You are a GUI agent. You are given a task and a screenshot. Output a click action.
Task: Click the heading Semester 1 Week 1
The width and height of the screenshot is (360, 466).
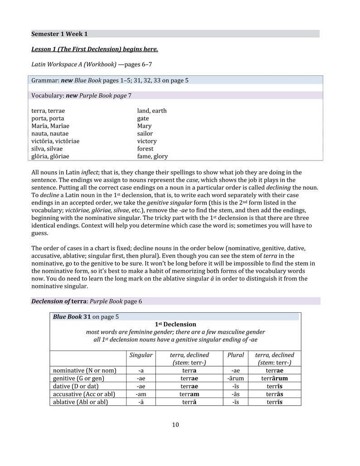click(x=59, y=34)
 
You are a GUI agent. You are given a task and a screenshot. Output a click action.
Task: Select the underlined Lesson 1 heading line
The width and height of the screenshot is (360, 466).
click(x=94, y=49)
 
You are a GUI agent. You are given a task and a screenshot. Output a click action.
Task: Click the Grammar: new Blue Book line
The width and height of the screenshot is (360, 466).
click(x=110, y=80)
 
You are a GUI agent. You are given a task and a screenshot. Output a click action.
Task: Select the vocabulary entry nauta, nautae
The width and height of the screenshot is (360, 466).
click(x=50, y=134)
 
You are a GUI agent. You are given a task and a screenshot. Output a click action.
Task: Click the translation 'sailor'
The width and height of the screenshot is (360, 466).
click(x=145, y=134)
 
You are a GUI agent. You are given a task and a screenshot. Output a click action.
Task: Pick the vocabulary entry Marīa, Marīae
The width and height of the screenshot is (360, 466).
click(x=50, y=126)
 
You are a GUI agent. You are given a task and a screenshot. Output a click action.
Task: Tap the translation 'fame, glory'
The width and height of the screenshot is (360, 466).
click(x=152, y=156)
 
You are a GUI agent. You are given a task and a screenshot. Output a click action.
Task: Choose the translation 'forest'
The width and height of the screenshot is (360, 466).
click(x=146, y=149)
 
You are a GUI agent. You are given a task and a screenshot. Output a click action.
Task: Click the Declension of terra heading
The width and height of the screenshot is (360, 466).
click(x=87, y=301)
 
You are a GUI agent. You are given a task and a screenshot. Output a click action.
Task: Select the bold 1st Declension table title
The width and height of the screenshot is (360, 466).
click(x=175, y=325)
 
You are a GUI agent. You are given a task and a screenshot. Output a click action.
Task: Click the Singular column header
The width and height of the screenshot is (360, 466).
click(x=141, y=355)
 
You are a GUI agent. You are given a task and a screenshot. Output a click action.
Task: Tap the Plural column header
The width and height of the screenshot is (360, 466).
click(x=236, y=355)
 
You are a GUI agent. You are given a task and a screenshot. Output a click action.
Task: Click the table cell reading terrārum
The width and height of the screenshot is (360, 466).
click(x=274, y=379)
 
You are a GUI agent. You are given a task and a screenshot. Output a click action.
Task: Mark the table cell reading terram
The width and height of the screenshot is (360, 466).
click(x=189, y=394)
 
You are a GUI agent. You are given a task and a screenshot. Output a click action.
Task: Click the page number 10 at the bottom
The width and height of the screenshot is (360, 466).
click(x=175, y=425)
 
